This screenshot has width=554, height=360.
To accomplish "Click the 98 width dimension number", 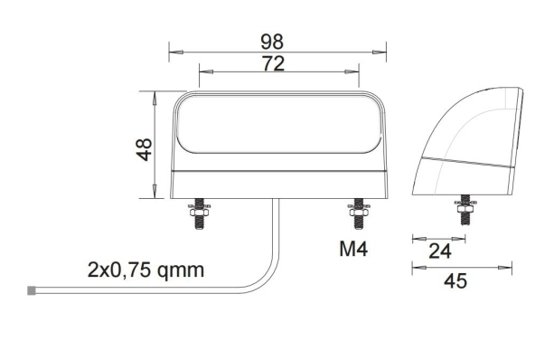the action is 272,42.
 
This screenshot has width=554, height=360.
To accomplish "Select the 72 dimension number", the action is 273,63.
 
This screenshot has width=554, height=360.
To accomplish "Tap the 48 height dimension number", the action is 145,149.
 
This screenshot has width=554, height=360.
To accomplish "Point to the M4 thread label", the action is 353,249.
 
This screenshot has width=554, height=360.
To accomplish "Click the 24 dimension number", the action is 440,251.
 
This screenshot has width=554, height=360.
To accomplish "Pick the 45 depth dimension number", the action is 455,281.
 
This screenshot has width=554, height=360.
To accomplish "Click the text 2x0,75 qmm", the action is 146,270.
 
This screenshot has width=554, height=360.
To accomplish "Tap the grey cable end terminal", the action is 32,290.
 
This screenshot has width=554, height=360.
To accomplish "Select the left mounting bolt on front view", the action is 200,213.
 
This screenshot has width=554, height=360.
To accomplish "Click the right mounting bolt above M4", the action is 359,213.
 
